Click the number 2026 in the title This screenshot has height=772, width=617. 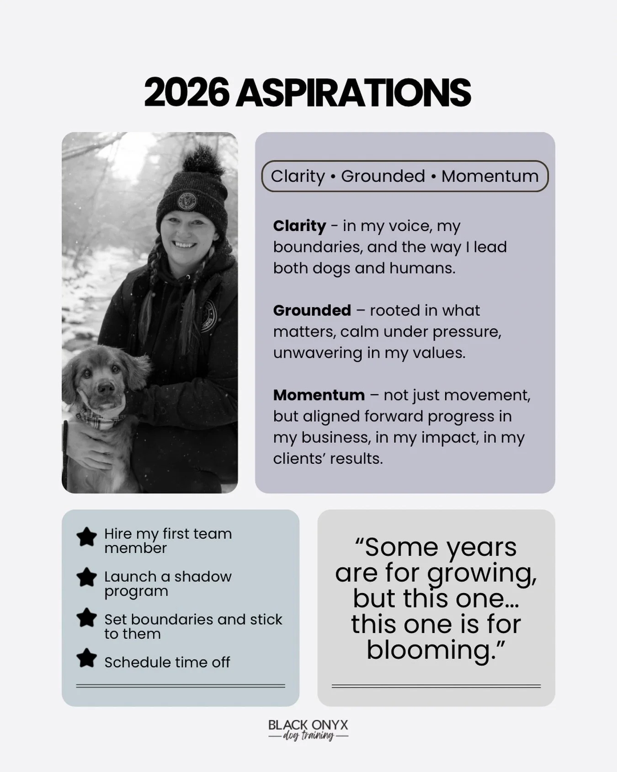[186, 93]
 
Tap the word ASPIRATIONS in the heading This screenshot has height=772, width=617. [353, 93]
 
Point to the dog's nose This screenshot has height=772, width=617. [106, 388]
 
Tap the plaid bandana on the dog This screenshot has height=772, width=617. [98, 418]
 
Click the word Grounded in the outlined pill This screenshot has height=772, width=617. [383, 176]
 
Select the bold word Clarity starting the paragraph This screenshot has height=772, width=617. [299, 225]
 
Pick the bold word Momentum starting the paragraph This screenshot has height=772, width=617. [319, 395]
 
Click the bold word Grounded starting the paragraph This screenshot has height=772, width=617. [312, 310]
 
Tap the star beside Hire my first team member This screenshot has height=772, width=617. [86, 537]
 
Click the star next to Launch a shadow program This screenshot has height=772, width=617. [86, 577]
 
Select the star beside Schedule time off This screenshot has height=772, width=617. [86, 659]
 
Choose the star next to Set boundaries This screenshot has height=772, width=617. [86, 617]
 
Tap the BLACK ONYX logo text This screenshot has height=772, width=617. [308, 725]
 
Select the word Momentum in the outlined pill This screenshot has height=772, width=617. [489, 176]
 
